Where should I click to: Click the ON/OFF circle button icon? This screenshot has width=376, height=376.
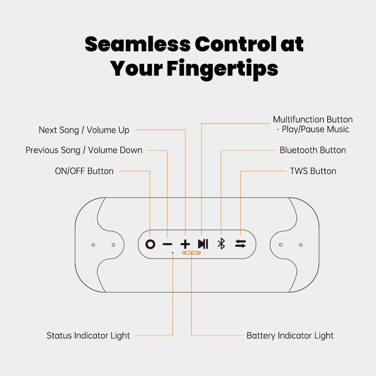pyautogui.click(x=150, y=244)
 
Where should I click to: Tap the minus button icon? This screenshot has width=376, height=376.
pyautogui.click(x=167, y=244)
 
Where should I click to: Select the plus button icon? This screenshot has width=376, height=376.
pyautogui.click(x=185, y=244)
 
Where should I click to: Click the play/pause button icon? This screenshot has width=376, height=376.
pyautogui.click(x=203, y=244)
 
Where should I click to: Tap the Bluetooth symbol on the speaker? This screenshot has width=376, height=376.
pyautogui.click(x=221, y=244)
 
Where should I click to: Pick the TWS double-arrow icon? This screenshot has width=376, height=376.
pyautogui.click(x=240, y=244)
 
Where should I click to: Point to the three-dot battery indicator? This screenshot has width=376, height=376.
pyautogui.click(x=191, y=252)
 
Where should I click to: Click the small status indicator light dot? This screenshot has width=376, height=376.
pyautogui.click(x=173, y=252)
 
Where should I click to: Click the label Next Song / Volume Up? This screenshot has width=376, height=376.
pyautogui.click(x=84, y=130)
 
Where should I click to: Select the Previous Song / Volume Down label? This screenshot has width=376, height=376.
pyautogui.click(x=84, y=150)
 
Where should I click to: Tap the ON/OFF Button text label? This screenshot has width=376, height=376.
pyautogui.click(x=84, y=171)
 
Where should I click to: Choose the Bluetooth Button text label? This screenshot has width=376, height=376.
pyautogui.click(x=313, y=150)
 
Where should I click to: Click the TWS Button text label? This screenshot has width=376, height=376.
pyautogui.click(x=313, y=171)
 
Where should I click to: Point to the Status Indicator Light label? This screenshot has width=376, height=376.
pyautogui.click(x=88, y=336)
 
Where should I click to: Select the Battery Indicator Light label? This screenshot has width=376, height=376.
pyautogui.click(x=290, y=336)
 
